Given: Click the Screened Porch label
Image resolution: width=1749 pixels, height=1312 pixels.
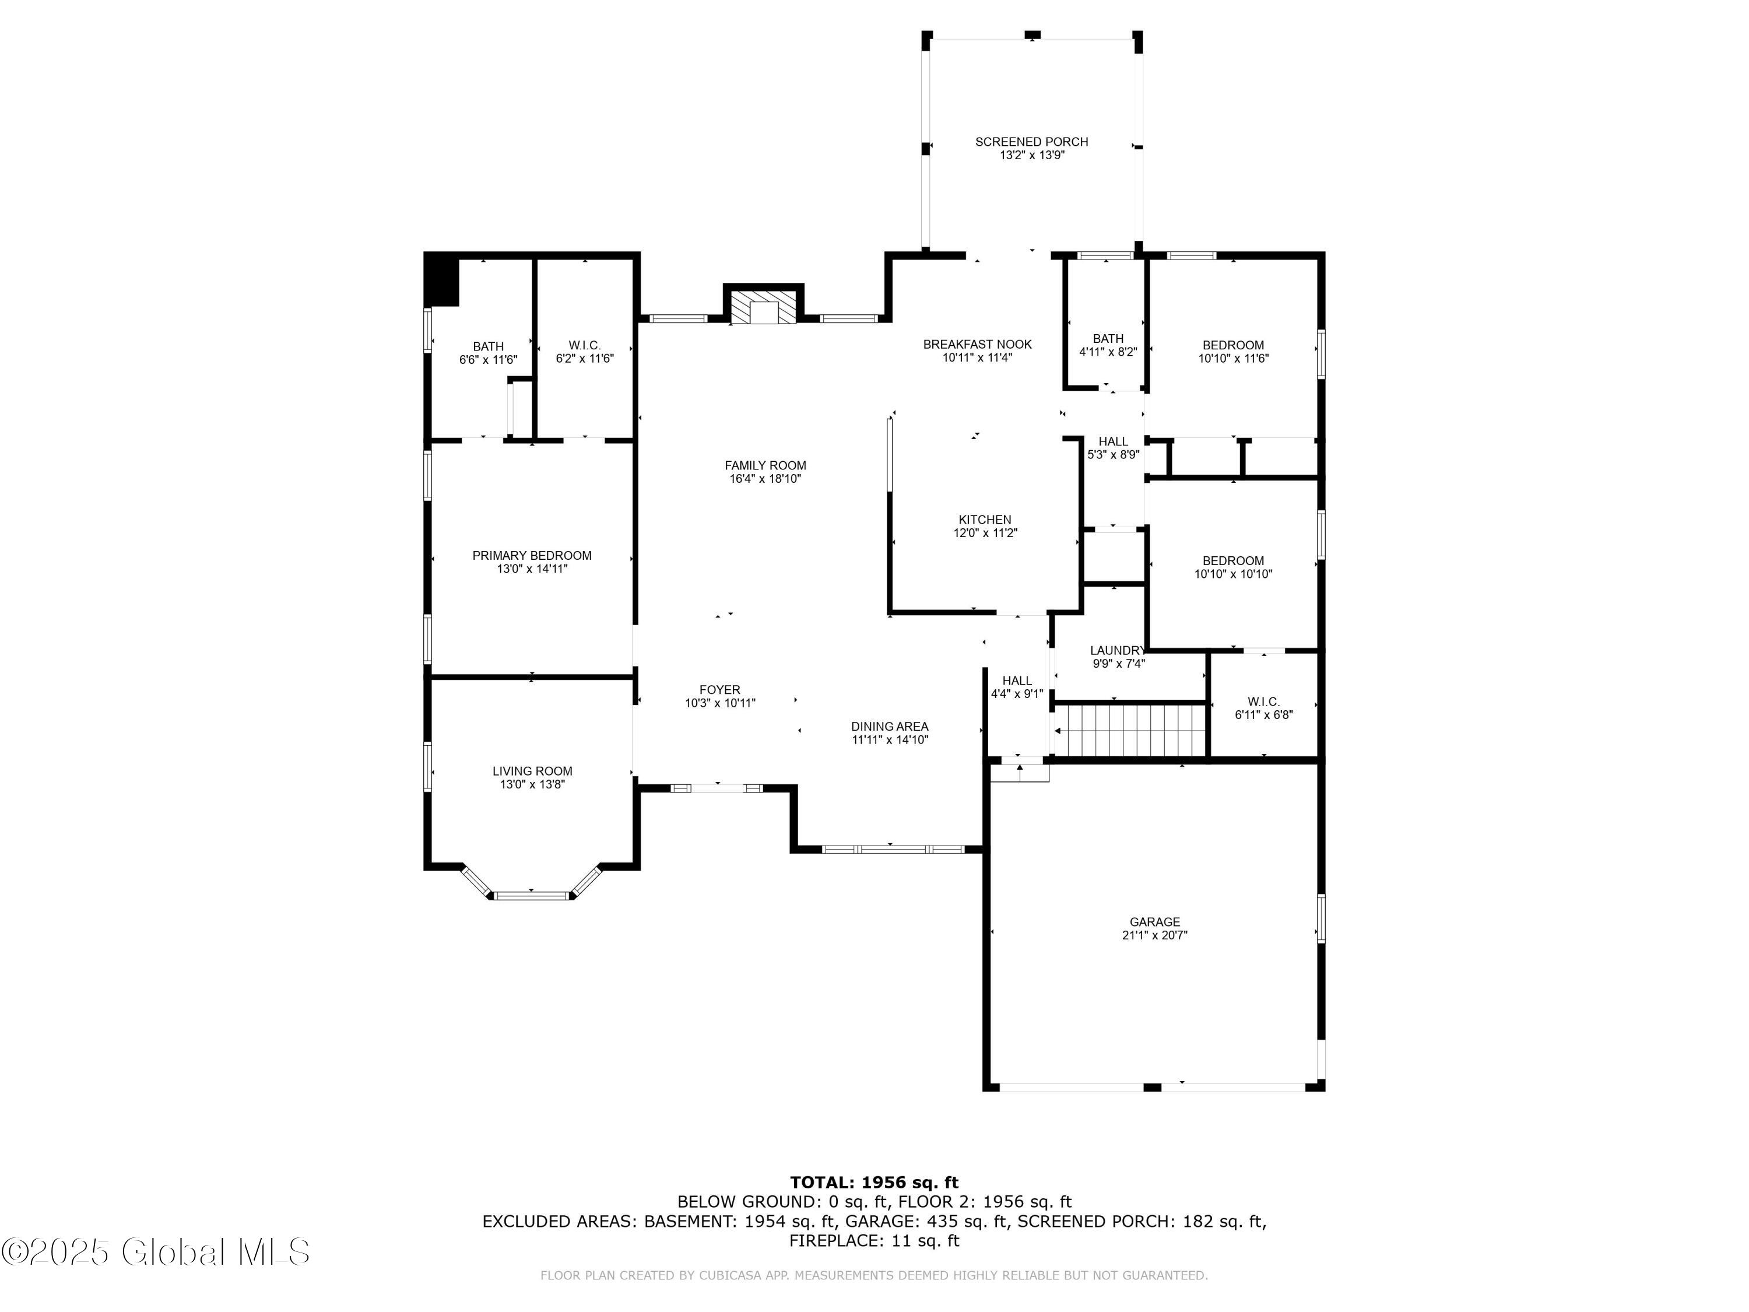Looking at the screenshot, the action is click(1031, 142).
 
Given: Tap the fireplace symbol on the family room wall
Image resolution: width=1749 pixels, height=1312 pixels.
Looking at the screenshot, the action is click(763, 308).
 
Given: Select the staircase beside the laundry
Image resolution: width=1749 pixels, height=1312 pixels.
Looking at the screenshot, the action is click(1130, 731).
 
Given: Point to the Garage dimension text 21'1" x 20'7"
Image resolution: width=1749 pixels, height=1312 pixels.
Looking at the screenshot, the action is click(1154, 935).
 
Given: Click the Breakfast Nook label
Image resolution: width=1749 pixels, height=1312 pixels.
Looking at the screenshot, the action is click(977, 344).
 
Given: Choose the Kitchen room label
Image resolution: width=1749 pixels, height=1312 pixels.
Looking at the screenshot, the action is click(985, 520).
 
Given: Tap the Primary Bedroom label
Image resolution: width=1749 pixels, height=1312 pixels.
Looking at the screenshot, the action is click(532, 556).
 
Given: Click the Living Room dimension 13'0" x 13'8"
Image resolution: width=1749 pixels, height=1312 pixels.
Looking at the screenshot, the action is click(532, 784).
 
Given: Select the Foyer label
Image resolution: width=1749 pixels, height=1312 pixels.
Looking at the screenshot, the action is click(719, 690).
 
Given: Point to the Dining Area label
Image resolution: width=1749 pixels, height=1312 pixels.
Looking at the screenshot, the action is click(890, 727).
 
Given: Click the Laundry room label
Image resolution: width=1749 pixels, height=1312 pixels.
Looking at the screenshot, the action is click(1117, 651).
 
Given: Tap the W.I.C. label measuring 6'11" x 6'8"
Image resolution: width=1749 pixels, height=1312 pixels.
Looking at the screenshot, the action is click(1263, 701).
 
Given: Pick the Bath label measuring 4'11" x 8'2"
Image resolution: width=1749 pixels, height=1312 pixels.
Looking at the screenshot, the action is click(1108, 338).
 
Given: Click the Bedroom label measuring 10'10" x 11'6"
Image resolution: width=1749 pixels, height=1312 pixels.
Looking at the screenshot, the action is click(1234, 345).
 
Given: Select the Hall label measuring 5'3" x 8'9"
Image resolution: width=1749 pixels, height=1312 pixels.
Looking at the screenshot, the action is click(1114, 441).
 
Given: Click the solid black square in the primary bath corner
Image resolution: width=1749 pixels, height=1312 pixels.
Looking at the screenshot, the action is click(441, 279).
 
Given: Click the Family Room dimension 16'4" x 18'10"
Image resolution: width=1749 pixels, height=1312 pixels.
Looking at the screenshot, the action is click(765, 479).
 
